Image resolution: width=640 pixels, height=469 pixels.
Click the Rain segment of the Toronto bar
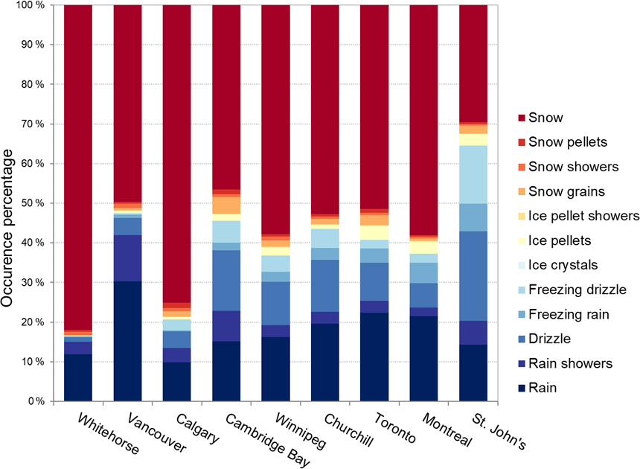point(374,357)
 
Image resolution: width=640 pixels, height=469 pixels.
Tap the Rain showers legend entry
point(572,364)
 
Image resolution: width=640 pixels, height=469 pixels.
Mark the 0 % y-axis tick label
point(35,401)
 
